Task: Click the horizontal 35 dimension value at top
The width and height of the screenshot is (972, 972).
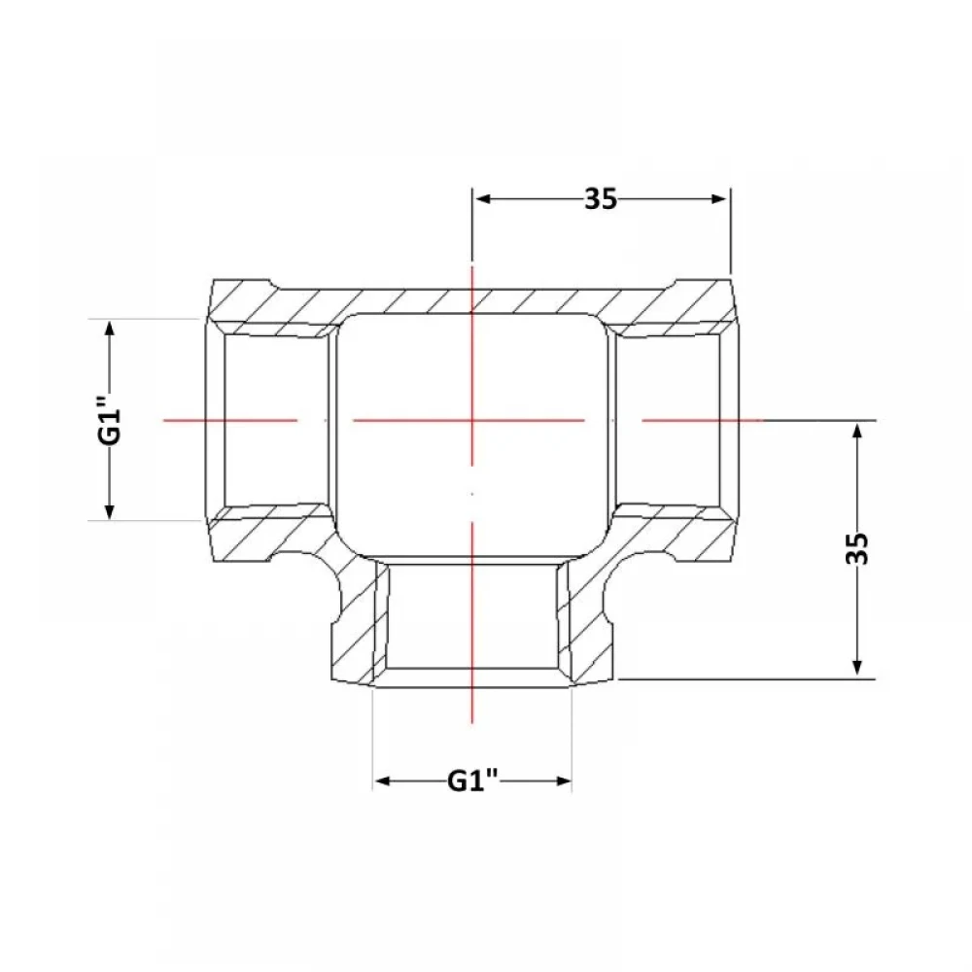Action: tap(601, 199)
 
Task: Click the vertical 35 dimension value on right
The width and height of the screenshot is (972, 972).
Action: tap(857, 548)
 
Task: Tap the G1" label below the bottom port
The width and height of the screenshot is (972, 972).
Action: tap(473, 781)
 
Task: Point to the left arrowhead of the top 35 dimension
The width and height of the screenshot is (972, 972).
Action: tap(483, 199)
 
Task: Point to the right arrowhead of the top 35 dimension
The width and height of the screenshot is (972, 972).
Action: tap(718, 199)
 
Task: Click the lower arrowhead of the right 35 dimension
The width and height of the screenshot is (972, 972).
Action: tap(857, 666)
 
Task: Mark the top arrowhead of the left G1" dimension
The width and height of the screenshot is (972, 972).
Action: tap(110, 330)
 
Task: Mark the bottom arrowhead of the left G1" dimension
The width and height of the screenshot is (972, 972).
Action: tap(110, 510)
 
